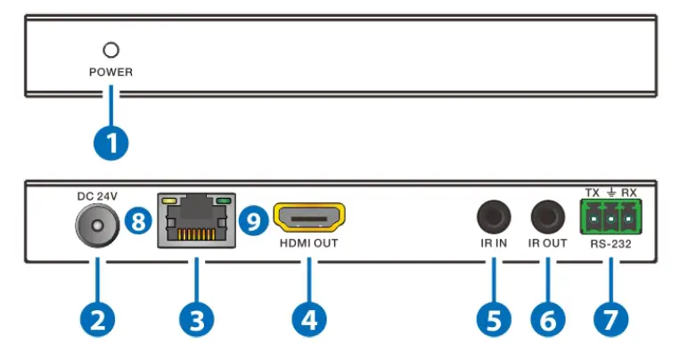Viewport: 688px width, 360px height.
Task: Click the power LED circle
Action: (111, 50)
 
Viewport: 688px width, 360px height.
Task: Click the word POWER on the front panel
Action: (111, 72)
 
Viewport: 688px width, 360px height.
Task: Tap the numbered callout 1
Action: (111, 143)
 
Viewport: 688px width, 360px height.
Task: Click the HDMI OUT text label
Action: (308, 242)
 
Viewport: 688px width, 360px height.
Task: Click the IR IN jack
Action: (493, 217)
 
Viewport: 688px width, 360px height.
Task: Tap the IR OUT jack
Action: (547, 217)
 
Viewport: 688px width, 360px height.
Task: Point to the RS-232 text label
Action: (611, 241)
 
